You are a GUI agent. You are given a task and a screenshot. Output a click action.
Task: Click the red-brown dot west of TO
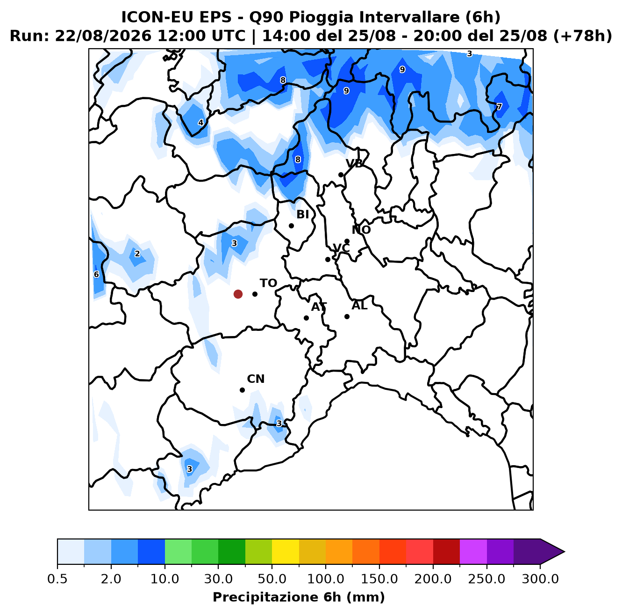point(238,294)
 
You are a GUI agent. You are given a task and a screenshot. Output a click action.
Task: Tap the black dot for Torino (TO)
point(255,294)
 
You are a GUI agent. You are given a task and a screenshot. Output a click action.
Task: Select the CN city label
point(256,379)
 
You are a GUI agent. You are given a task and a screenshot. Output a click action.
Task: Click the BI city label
point(302,214)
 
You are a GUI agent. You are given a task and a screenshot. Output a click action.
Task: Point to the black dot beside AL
point(347,316)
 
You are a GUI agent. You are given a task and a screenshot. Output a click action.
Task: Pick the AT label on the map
point(319,307)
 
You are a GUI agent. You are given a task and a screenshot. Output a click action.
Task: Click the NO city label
point(361,230)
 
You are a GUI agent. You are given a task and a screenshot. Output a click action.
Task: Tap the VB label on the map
point(354,164)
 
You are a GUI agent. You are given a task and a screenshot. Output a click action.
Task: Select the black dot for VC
point(328,259)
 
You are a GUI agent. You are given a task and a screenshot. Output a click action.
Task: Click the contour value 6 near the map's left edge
point(96,275)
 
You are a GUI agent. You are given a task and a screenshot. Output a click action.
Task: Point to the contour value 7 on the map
point(499,106)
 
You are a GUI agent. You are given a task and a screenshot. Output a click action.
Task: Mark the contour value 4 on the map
point(201,123)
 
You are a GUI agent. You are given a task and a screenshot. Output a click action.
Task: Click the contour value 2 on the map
point(137,254)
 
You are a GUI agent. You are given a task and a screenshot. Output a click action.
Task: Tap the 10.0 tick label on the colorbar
point(164,579)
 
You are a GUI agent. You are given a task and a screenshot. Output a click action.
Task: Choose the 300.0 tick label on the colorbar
point(540,579)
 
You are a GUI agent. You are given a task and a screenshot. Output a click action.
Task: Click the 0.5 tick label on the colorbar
point(57,579)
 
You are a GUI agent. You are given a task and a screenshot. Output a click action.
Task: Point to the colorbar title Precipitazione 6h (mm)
point(299,597)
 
